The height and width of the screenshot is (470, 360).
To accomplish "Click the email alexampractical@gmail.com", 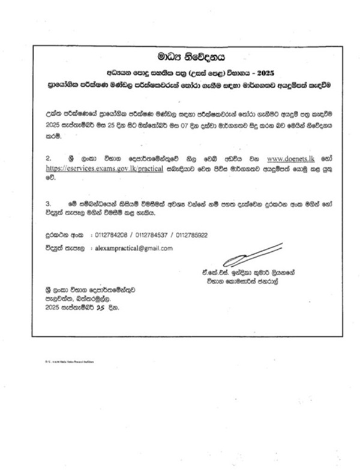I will (x=130, y=248).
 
